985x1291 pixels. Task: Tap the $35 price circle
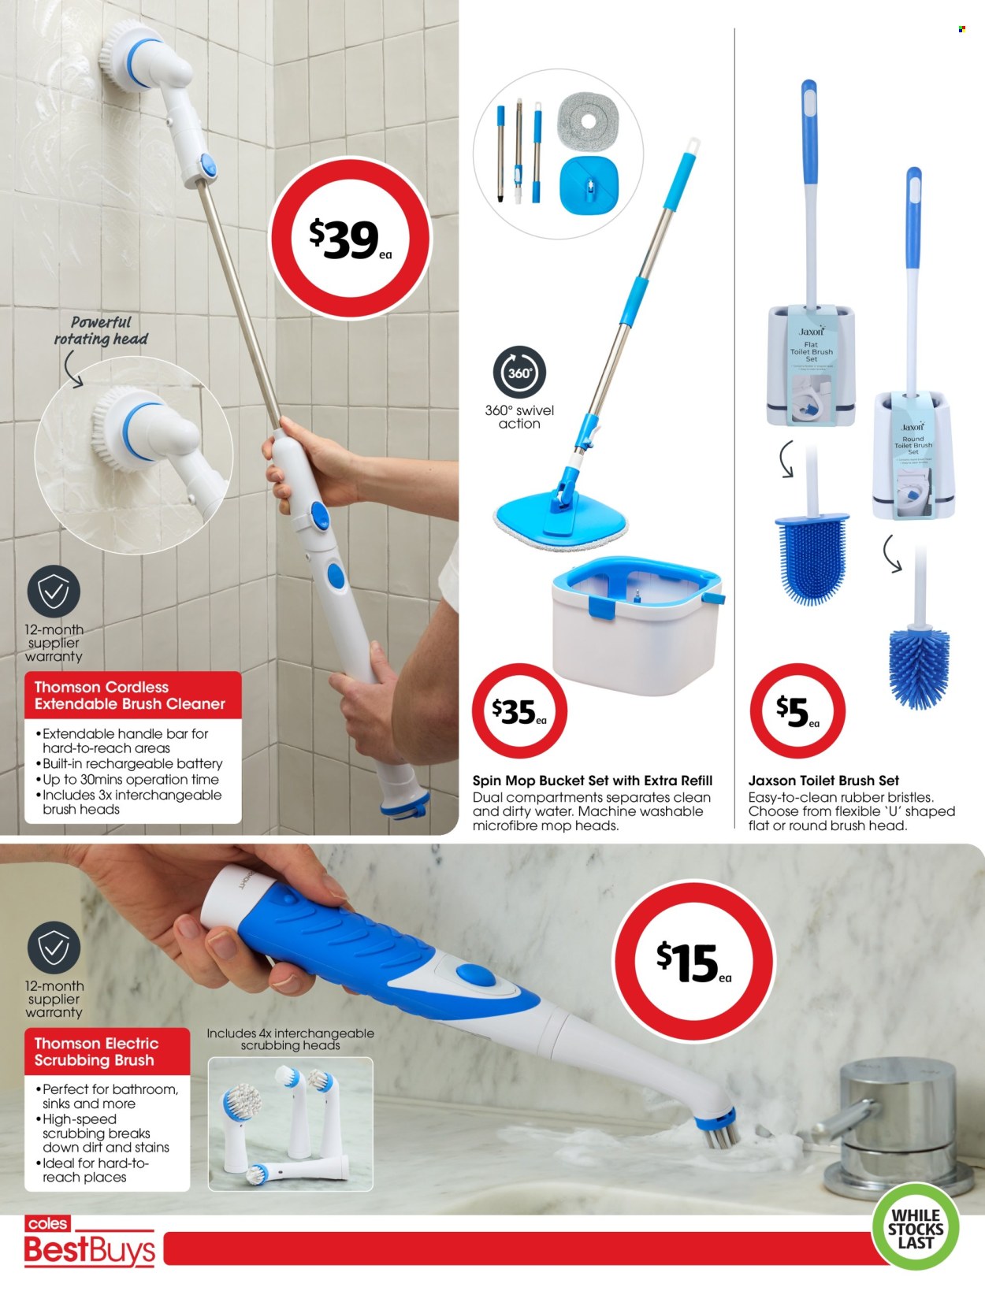pos(519,710)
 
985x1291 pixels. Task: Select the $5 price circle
pos(797,710)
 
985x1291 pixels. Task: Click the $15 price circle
pos(693,962)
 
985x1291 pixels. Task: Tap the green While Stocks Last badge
pos(915,1228)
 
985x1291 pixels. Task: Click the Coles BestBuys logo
pos(88,1242)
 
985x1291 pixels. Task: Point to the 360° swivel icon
pos(519,373)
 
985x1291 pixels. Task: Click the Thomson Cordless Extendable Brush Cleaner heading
pos(131,696)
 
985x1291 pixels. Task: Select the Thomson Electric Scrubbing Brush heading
pos(97,1052)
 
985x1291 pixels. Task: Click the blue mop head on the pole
pos(561,518)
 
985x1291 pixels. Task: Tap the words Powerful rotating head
pos(101,331)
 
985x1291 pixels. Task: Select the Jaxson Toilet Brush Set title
pos(823,781)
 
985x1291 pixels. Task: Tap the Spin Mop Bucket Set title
pos(592,781)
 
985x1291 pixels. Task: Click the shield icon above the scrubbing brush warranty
pos(54,948)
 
